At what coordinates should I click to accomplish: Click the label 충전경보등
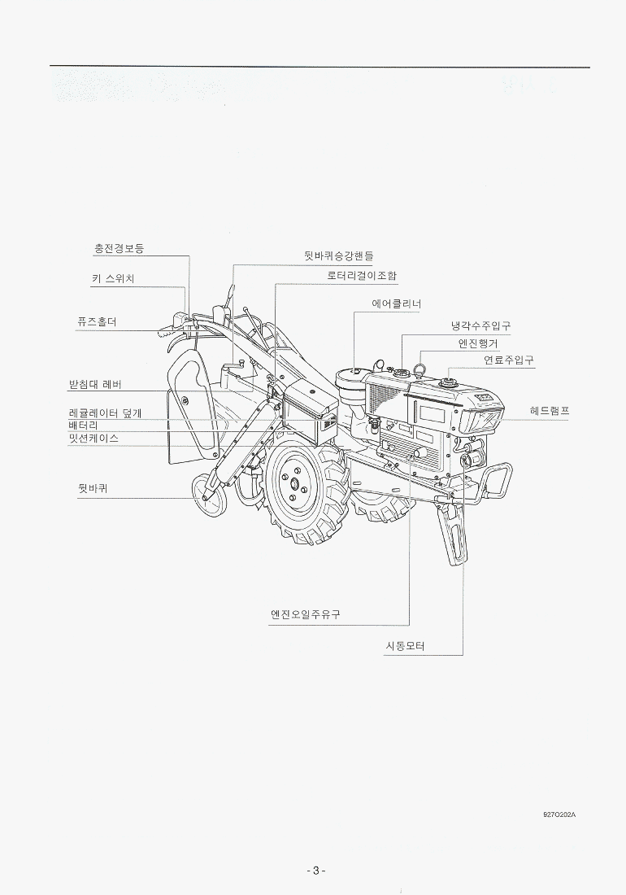pyautogui.click(x=119, y=249)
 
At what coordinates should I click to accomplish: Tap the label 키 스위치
pyautogui.click(x=113, y=279)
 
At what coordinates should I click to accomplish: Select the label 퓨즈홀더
pyautogui.click(x=97, y=322)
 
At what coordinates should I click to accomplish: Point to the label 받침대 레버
pyautogui.click(x=95, y=384)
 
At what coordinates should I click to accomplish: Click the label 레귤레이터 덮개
pyautogui.click(x=105, y=413)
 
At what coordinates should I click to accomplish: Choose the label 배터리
pyautogui.click(x=83, y=426)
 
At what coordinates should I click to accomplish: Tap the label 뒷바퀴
pyautogui.click(x=93, y=489)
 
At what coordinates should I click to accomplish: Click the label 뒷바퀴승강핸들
pyautogui.click(x=339, y=256)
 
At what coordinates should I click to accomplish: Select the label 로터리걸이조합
pyautogui.click(x=362, y=275)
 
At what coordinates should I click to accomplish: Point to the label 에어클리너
pyautogui.click(x=396, y=304)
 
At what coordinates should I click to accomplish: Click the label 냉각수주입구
pyautogui.click(x=480, y=326)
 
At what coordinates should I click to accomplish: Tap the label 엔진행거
pyautogui.click(x=478, y=343)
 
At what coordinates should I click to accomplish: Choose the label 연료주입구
pyautogui.click(x=509, y=360)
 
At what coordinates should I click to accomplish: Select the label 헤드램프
pyautogui.click(x=549, y=411)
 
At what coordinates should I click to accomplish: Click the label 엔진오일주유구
pyautogui.click(x=306, y=615)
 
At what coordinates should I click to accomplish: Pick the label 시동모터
pyautogui.click(x=406, y=646)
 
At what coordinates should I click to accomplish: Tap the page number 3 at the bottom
pyautogui.click(x=316, y=871)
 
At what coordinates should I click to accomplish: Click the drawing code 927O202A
pyautogui.click(x=559, y=814)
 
